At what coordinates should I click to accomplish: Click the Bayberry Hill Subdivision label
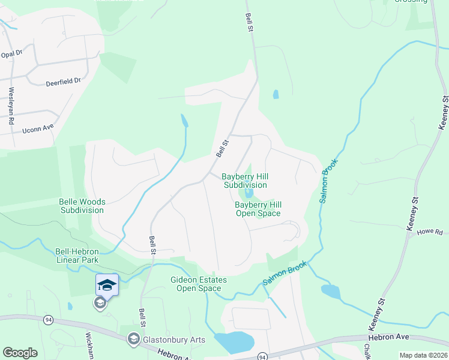pyautogui.click(x=244, y=181)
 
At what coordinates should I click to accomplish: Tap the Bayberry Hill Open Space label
pyautogui.click(x=258, y=209)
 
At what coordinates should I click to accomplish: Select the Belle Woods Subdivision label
pyautogui.click(x=82, y=206)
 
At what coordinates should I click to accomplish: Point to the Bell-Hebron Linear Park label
pyautogui.click(x=77, y=256)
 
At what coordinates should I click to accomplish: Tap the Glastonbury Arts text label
pyautogui.click(x=174, y=340)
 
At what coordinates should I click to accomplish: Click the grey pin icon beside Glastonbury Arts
pyautogui.click(x=133, y=340)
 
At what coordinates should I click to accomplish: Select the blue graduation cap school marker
pyautogui.click(x=107, y=284)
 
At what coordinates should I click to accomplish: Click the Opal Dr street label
pyautogui.click(x=11, y=53)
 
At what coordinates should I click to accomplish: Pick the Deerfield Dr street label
pyautogui.click(x=63, y=82)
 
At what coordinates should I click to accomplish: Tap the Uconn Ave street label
pyautogui.click(x=38, y=129)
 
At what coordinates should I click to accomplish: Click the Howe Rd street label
pyautogui.click(x=429, y=232)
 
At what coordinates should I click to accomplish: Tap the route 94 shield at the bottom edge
pyautogui.click(x=262, y=356)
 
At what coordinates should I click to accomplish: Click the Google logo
pyautogui.click(x=20, y=353)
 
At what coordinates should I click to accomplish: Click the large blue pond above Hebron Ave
pyautogui.click(x=234, y=343)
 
